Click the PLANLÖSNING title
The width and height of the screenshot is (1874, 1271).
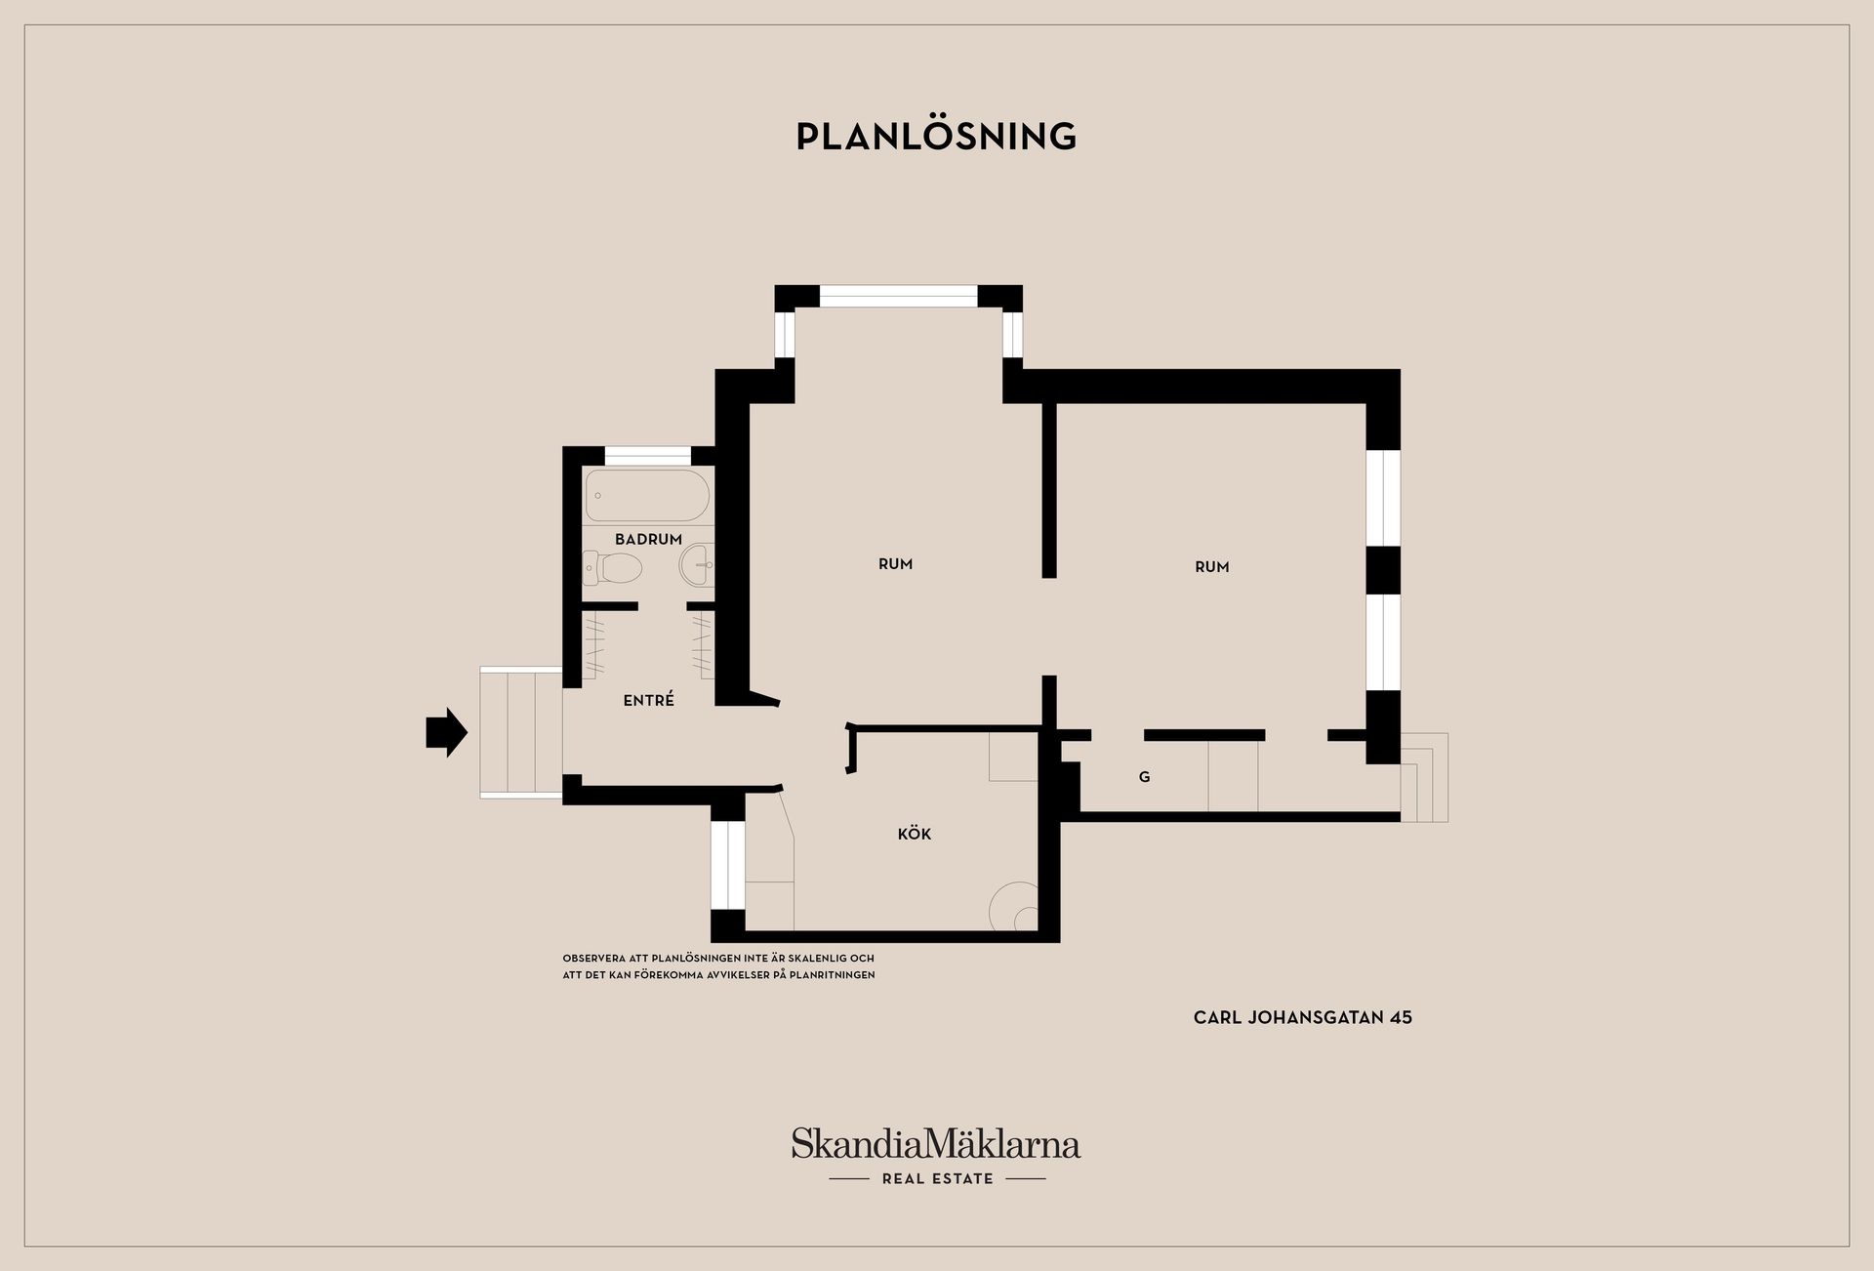(x=936, y=137)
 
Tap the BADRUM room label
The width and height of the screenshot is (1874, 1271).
(x=648, y=539)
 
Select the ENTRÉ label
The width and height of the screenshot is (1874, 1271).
(x=648, y=699)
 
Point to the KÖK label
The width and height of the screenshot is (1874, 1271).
(x=915, y=833)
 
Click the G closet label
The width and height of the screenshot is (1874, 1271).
(x=1144, y=777)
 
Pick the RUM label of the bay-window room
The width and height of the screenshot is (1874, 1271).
(x=895, y=563)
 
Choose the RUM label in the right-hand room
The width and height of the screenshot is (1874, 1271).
(x=1211, y=566)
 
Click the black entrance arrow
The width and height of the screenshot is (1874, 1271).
(x=446, y=732)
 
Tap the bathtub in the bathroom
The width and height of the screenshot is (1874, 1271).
(x=647, y=496)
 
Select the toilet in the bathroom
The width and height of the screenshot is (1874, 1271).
(x=612, y=567)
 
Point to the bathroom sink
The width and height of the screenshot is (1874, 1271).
(x=697, y=564)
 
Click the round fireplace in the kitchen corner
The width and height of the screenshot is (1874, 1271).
(x=1014, y=907)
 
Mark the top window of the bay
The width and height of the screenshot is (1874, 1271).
(x=898, y=296)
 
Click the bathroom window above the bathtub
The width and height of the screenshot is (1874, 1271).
(x=648, y=455)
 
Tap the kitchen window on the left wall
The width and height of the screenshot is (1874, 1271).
(x=727, y=865)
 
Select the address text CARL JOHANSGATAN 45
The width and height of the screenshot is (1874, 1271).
(x=1303, y=1017)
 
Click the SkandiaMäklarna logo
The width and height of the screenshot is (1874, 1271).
(x=936, y=1144)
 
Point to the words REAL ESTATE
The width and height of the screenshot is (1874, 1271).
(x=937, y=1178)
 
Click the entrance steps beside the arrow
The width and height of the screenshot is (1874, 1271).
(x=521, y=732)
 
